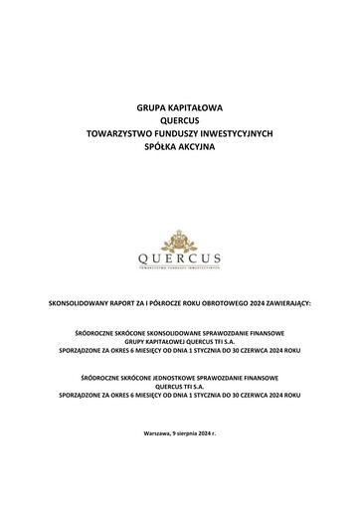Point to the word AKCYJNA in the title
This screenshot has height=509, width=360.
pyautogui.click(x=199, y=145)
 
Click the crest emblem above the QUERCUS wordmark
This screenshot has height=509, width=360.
pyautogui.click(x=180, y=242)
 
